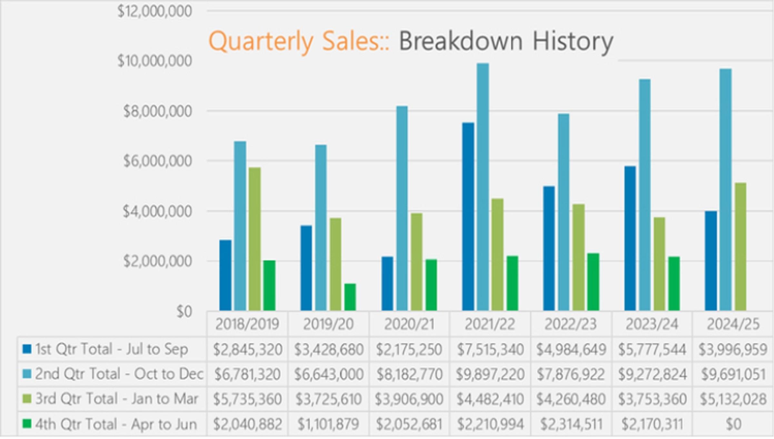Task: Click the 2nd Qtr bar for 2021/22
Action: pyautogui.click(x=483, y=187)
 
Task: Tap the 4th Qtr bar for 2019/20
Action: pyautogui.click(x=350, y=297)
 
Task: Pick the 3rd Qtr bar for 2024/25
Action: pyautogui.click(x=740, y=247)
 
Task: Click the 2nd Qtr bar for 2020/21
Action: pyautogui.click(x=402, y=208)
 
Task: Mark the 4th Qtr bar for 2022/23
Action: pyautogui.click(x=593, y=282)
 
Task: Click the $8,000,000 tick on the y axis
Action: pyautogui.click(x=157, y=111)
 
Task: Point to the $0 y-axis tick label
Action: pyautogui.click(x=184, y=312)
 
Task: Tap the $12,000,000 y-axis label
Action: pyautogui.click(x=154, y=11)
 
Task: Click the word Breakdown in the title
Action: pyautogui.click(x=461, y=41)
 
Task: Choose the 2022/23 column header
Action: pyautogui.click(x=571, y=324)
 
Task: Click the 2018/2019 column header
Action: pyautogui.click(x=247, y=324)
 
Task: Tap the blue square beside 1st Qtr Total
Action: pyautogui.click(x=27, y=349)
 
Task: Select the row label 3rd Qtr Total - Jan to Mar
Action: pyautogui.click(x=116, y=399)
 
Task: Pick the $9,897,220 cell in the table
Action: pyautogui.click(x=490, y=374)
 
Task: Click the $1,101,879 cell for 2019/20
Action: pyautogui.click(x=328, y=424)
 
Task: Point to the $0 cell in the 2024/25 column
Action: pyautogui.click(x=733, y=424)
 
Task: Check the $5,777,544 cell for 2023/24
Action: pyautogui.click(x=652, y=349)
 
